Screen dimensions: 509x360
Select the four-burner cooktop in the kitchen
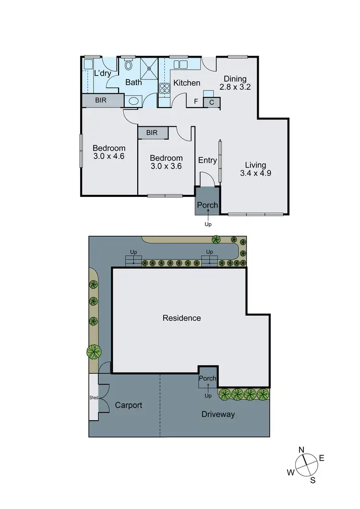coord(165,88)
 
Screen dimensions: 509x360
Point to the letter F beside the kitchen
coord(196,102)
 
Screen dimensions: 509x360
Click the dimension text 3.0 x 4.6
coord(109,156)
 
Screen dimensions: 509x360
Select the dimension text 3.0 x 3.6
coord(166,166)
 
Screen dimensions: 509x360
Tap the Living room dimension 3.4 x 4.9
coord(255,174)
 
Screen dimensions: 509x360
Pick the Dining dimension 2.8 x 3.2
coord(235,87)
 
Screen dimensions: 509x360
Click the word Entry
coord(207,160)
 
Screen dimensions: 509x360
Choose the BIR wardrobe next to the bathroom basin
coord(101,101)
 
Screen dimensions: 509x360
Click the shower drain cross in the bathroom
coord(150,68)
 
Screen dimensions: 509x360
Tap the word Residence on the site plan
coord(181,318)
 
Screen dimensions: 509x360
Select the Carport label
coord(129,405)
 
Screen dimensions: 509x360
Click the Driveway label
coord(218,414)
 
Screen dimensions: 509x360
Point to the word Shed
coord(94,398)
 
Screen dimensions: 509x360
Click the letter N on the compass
coord(302,449)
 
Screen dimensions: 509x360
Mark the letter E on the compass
coord(322,458)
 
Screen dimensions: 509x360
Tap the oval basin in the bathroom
coord(133,101)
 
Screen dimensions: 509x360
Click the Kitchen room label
coord(187,83)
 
